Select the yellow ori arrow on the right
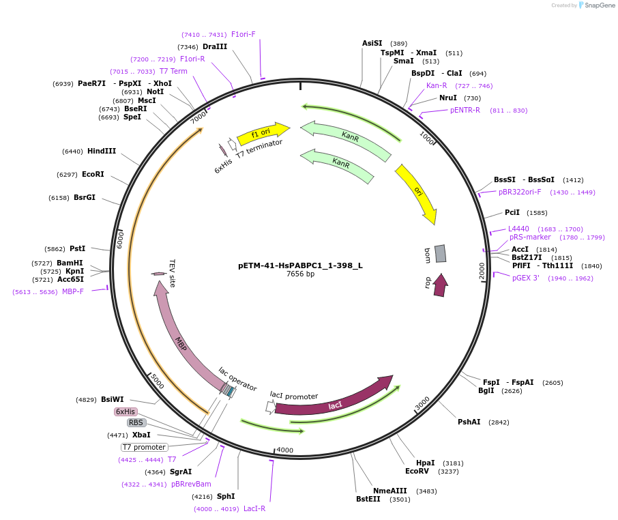click(x=417, y=192)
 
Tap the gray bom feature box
click(x=440, y=253)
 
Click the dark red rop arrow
click(x=441, y=285)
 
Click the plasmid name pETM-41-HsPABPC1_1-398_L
click(x=300, y=265)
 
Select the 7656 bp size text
click(x=300, y=274)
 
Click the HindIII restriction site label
click(x=102, y=151)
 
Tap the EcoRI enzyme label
click(x=93, y=174)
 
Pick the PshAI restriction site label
click(x=469, y=422)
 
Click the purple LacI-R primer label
click(x=254, y=508)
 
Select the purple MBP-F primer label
click(x=73, y=292)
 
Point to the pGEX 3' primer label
click(x=526, y=278)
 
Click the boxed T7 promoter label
click(x=144, y=447)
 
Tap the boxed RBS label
click(x=136, y=422)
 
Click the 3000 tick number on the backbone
click(x=422, y=403)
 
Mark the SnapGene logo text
click(x=600, y=5)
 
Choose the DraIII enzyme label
click(x=215, y=46)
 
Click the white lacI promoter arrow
click(x=271, y=407)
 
